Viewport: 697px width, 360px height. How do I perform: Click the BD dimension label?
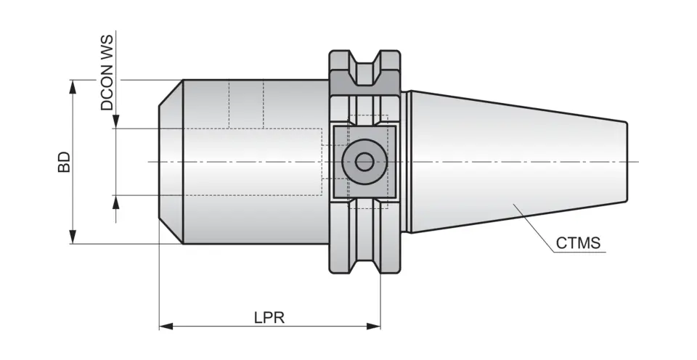point(65,162)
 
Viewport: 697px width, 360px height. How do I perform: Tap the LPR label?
point(269,317)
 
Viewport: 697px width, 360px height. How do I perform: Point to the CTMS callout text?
point(579,243)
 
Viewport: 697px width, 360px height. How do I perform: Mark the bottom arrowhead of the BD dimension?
point(73,237)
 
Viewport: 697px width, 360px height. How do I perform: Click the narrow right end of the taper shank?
point(624,161)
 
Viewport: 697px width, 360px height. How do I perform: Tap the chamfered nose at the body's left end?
point(171,161)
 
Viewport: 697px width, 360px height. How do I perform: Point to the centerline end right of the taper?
point(636,161)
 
